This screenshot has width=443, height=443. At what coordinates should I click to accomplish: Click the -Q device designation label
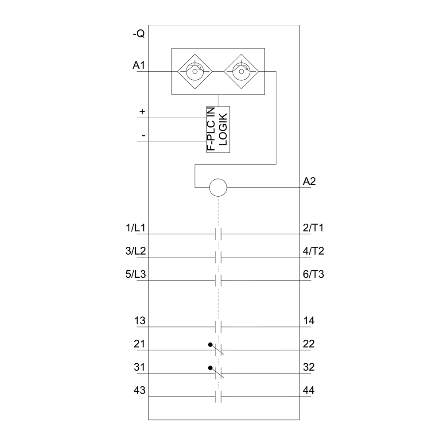(x=138, y=34)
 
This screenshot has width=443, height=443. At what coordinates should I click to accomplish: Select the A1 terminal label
(x=139, y=66)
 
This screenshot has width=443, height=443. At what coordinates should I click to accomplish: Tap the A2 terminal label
(x=309, y=181)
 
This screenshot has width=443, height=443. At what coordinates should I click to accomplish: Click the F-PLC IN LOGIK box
(x=218, y=130)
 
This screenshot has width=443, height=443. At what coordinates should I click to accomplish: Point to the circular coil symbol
(x=218, y=188)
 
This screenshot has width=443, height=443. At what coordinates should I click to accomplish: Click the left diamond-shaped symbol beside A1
(x=194, y=71)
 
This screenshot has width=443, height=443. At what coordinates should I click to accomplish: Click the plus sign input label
(x=142, y=112)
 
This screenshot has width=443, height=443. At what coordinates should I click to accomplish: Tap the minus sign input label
(x=143, y=135)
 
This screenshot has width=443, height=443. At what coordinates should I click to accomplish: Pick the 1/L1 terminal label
(x=136, y=228)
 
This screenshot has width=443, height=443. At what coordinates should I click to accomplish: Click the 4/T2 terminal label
(x=313, y=251)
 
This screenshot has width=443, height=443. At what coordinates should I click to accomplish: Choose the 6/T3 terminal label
(x=313, y=275)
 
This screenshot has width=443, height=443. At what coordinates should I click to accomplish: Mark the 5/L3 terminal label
(x=136, y=275)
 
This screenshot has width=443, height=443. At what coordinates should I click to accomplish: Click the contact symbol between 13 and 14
(x=218, y=327)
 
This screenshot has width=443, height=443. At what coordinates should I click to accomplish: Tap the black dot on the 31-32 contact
(x=209, y=368)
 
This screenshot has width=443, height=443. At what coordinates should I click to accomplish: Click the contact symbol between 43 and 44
(x=218, y=397)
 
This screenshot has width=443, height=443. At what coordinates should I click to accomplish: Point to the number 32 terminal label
(x=309, y=368)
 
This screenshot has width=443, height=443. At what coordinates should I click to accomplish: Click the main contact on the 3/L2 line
(x=218, y=257)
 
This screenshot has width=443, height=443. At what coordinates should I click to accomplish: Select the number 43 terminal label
(x=140, y=391)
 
